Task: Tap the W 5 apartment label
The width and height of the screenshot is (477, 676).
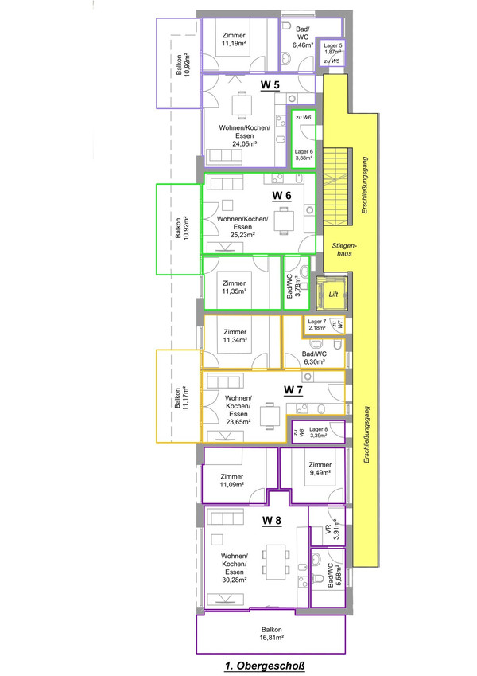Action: point(270,84)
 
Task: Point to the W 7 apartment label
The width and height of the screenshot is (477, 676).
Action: point(294,389)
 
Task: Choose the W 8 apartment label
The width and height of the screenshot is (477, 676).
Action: point(272,521)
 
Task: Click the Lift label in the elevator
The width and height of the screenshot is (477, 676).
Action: point(333,293)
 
